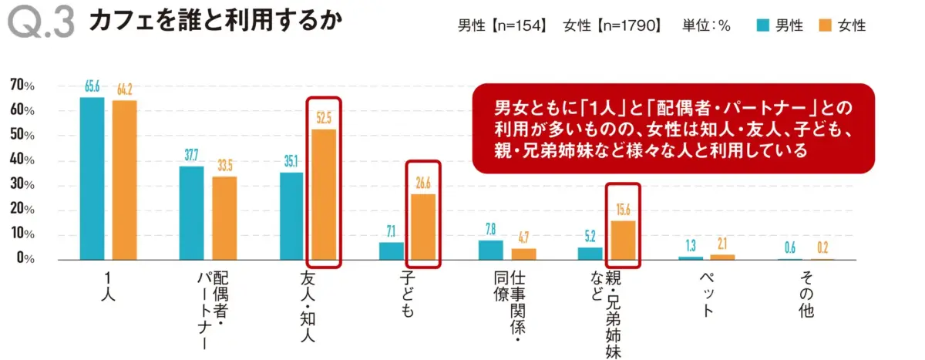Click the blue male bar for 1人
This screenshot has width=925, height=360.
(x=92, y=178)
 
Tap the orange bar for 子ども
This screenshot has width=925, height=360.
(x=422, y=227)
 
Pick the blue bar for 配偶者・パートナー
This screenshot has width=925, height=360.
(x=192, y=213)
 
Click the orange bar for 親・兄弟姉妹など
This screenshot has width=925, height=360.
(x=623, y=240)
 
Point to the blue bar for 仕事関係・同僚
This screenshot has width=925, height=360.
(x=491, y=250)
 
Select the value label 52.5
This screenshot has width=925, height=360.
(x=323, y=119)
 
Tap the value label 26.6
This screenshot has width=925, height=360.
(x=422, y=183)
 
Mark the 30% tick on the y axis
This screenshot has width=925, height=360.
(x=22, y=185)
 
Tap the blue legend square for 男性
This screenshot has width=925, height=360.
(x=762, y=25)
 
